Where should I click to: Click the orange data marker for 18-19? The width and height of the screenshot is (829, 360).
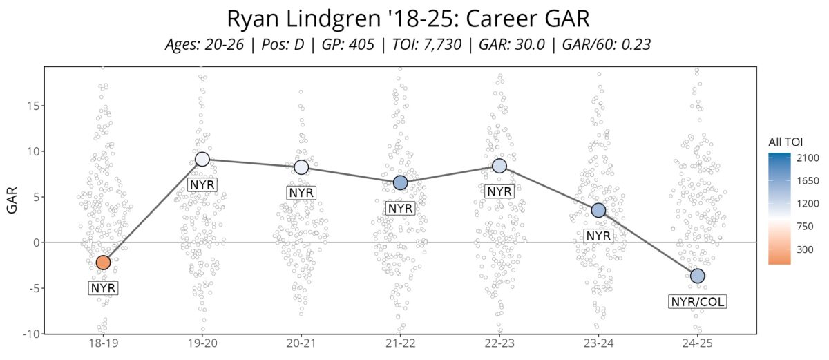(103, 263)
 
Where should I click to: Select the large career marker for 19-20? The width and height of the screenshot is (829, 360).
(202, 159)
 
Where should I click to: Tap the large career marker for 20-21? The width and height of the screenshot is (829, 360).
(301, 167)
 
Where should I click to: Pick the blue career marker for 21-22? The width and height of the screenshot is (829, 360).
(401, 182)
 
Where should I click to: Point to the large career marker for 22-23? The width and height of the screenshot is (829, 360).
(499, 166)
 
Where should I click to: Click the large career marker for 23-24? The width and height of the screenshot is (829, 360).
(598, 210)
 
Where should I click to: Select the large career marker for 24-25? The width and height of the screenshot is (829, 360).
(698, 276)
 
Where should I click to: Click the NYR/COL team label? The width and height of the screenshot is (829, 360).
(698, 301)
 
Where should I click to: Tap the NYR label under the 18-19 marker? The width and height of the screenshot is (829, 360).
(103, 288)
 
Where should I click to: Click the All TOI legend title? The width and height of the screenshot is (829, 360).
(785, 142)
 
